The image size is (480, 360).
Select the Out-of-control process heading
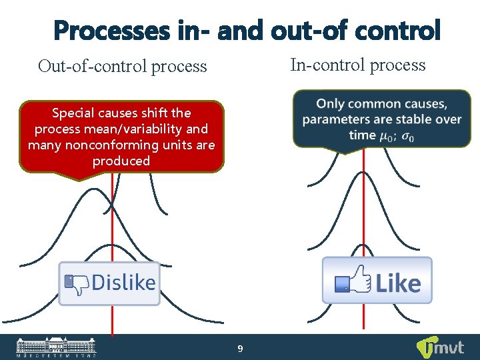(122, 66)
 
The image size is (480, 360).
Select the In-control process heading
(357, 65)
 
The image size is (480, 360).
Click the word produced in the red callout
(121, 161)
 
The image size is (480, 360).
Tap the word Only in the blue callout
(331, 104)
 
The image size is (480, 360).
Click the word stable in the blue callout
(411, 119)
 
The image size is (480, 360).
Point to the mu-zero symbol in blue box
(385, 136)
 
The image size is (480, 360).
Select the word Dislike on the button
(123, 283)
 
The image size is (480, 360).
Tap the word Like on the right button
(399, 283)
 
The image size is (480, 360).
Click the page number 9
(240, 349)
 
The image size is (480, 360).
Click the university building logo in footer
(56, 347)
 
